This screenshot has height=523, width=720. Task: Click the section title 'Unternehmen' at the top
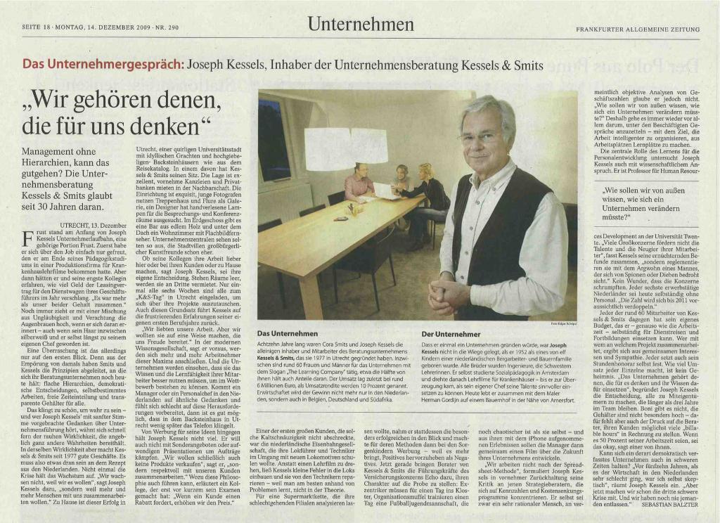pyautogui.click(x=359, y=26)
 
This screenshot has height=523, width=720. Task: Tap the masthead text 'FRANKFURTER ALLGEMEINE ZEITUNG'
pyautogui.click(x=638, y=30)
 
